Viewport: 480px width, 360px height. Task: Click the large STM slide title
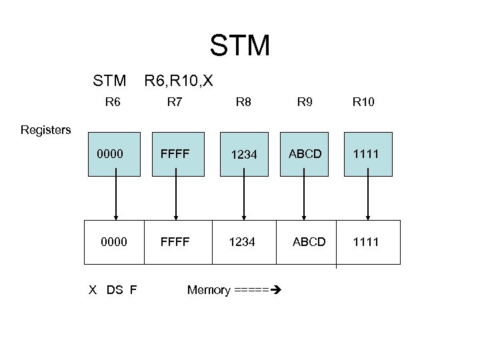point(240,45)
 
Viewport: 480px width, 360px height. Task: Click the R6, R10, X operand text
point(179,81)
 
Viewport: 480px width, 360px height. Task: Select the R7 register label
point(175,103)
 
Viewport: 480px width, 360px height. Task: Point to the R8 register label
point(244,103)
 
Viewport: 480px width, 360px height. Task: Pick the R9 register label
point(305,103)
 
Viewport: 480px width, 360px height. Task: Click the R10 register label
point(364,103)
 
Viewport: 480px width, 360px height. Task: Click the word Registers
point(45,130)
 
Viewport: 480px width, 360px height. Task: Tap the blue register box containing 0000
point(115,154)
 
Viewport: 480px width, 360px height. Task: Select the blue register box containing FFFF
point(176,154)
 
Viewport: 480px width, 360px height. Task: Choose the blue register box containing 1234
point(244,154)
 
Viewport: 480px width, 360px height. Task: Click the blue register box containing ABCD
point(305,154)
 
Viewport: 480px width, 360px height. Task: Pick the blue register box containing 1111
point(367,154)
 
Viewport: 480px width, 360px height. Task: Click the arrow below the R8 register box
point(244,197)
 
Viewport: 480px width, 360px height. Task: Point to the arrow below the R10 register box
point(367,197)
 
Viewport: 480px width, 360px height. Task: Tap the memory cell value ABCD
point(309,242)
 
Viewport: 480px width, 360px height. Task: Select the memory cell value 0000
point(113,242)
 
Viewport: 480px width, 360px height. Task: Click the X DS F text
point(113,290)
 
